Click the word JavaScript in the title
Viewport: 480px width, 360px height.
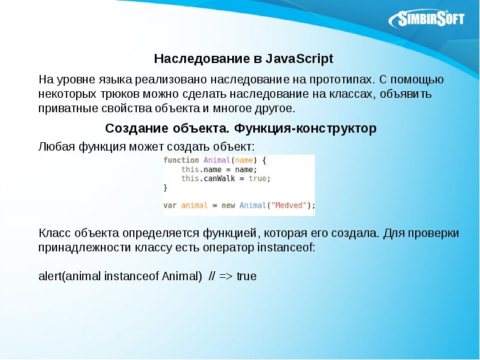(x=298, y=59)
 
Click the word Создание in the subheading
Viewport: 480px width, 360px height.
(x=136, y=128)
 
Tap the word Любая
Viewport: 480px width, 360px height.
(x=56, y=146)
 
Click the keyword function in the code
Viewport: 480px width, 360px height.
(x=181, y=160)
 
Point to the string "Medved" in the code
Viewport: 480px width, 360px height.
(x=290, y=205)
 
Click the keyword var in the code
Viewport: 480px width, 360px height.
(x=170, y=205)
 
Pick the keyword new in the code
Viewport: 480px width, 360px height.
(x=228, y=205)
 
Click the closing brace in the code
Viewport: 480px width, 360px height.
(x=166, y=187)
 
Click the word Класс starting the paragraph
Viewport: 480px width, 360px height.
(x=53, y=232)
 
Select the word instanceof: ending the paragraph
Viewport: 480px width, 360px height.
(x=284, y=247)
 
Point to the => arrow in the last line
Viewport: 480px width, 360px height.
(x=227, y=277)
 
